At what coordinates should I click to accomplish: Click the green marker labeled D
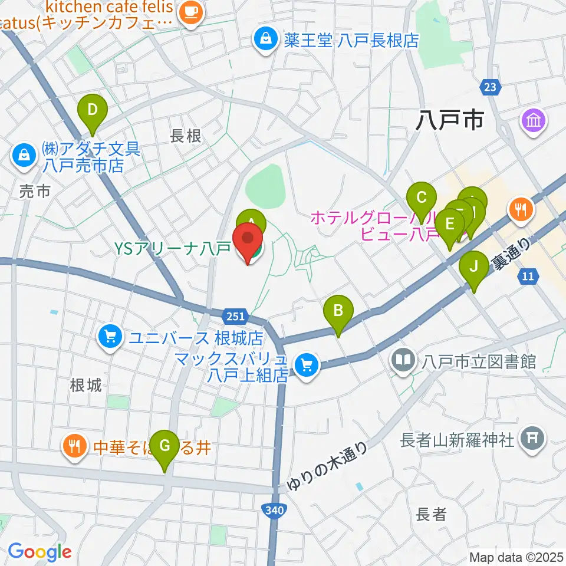93,110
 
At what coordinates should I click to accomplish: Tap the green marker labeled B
338,310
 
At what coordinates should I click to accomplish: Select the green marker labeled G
164,446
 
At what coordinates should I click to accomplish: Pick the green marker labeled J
474,266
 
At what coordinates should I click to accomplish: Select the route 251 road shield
235,317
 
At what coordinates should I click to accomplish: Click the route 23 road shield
489,87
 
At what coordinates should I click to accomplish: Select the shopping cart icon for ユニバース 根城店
110,338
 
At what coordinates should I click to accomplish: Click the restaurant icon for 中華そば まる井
74,446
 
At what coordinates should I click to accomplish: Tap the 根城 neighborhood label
85,386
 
